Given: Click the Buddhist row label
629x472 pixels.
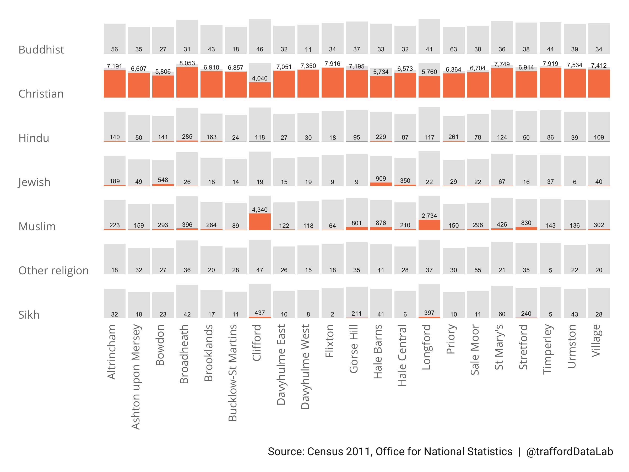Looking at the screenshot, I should pyautogui.click(x=41, y=50).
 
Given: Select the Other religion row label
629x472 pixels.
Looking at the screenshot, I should pyautogui.click(x=53, y=271).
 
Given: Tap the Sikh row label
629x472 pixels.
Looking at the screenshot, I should pyautogui.click(x=29, y=315).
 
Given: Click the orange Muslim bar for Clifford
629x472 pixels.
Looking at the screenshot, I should pyautogui.click(x=260, y=222).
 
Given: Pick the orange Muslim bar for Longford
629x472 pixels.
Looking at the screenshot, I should pyautogui.click(x=429, y=225).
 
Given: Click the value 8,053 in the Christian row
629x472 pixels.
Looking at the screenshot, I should pyautogui.click(x=187, y=63).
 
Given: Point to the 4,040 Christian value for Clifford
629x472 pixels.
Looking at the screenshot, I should pyautogui.click(x=260, y=78).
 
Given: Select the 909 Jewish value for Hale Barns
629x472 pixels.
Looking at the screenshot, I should pyautogui.click(x=381, y=179).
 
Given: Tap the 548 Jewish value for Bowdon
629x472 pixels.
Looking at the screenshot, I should pyautogui.click(x=163, y=180).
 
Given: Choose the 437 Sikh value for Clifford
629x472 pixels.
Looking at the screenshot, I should pyautogui.click(x=260, y=313).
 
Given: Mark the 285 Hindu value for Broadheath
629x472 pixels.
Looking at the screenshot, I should pyautogui.click(x=187, y=137).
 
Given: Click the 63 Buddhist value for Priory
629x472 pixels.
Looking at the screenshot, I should pyautogui.click(x=453, y=50).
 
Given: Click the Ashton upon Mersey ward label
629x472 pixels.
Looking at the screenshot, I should pyautogui.click(x=136, y=377).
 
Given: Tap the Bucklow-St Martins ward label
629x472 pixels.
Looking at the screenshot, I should pyautogui.click(x=233, y=372).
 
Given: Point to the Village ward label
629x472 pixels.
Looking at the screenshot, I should pyautogui.click(x=596, y=341).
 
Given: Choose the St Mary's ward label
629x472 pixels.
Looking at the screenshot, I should pyautogui.click(x=499, y=347).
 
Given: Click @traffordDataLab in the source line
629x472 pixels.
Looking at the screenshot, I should pyautogui.click(x=569, y=452).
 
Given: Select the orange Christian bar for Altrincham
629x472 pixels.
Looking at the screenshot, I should pyautogui.click(x=114, y=84).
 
